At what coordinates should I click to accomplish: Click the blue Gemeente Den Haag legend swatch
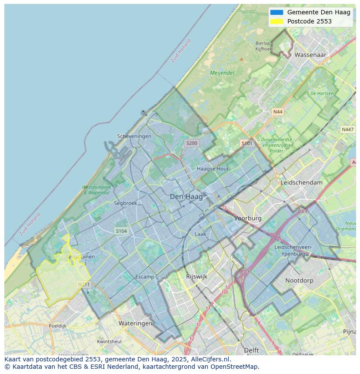tap(277, 13)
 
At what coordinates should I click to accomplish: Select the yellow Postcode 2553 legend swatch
tap(277, 21)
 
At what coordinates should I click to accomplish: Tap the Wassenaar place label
tap(310, 55)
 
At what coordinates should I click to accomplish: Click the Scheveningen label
tap(134, 136)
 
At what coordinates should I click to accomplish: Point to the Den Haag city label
tap(186, 197)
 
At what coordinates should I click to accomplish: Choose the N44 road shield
tap(277, 112)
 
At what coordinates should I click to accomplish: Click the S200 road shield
tap(191, 143)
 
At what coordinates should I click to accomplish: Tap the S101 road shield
tap(247, 143)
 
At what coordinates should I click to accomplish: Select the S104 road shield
tap(121, 231)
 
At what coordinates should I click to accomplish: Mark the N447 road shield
tap(347, 129)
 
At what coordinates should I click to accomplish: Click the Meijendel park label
tap(222, 73)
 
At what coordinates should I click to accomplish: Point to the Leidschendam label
tap(302, 182)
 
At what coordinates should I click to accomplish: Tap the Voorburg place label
tap(248, 218)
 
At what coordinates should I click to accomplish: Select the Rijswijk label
tap(197, 276)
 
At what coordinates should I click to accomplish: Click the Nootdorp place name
tap(299, 281)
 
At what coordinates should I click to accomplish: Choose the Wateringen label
tap(135, 323)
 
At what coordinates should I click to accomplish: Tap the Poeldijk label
tap(57, 326)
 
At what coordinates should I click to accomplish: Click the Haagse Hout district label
tap(213, 169)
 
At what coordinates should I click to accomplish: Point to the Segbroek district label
tap(125, 203)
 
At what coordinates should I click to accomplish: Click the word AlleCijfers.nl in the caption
tap(208, 359)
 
